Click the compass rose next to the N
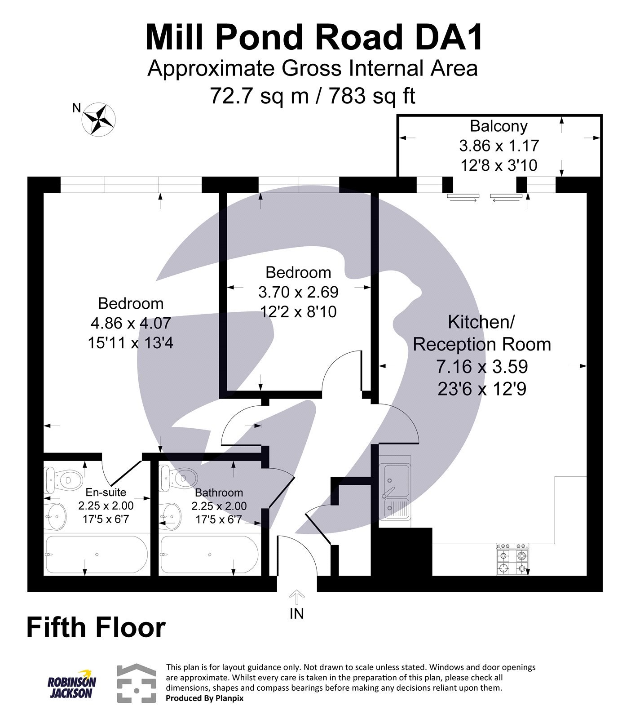pyautogui.click(x=98, y=119)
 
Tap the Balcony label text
pyautogui.click(x=498, y=126)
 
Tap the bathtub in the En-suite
pyautogui.click(x=96, y=555)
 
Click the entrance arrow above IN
pyautogui.click(x=296, y=597)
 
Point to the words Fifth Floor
pyautogui.click(x=96, y=627)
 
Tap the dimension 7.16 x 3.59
pyautogui.click(x=481, y=367)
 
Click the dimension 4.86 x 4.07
pyautogui.click(x=130, y=323)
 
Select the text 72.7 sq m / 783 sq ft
pyautogui.click(x=313, y=95)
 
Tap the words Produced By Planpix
pyautogui.click(x=204, y=698)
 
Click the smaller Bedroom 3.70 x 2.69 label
pyautogui.click(x=298, y=292)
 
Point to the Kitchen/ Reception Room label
pyautogui.click(x=481, y=333)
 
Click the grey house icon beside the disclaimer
pyautogui.click(x=137, y=683)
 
